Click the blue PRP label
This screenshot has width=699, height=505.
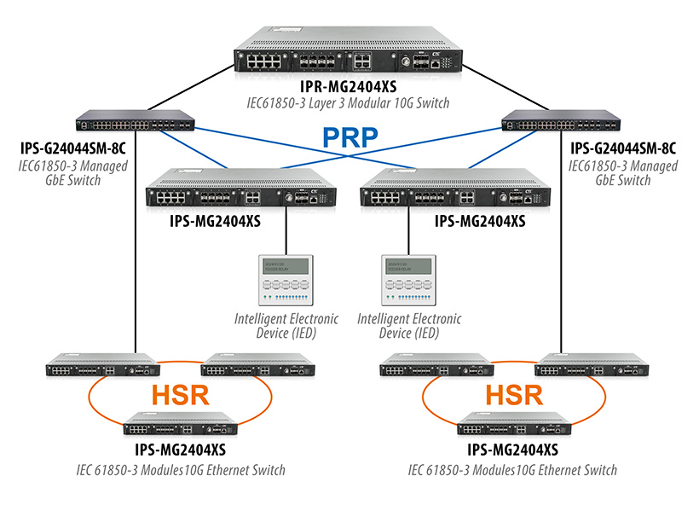click(x=348, y=136)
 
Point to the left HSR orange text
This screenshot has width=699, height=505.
click(x=181, y=394)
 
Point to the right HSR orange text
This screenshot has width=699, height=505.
click(x=514, y=394)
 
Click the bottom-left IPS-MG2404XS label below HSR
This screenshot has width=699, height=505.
click(x=180, y=450)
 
